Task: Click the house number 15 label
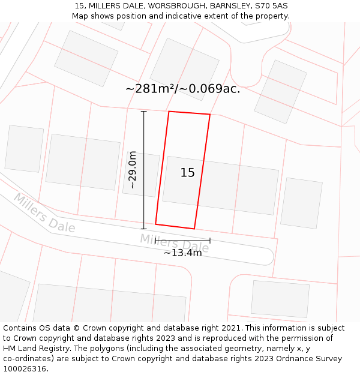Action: coord(187,173)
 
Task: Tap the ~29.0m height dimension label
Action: coord(133,170)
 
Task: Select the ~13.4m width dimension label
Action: coord(182,253)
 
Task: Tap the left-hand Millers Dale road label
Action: coord(44,213)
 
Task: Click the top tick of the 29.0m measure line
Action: coord(143,112)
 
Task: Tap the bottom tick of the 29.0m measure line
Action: coord(143,229)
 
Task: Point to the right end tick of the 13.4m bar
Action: coord(210,241)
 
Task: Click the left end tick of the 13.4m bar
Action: coord(156,241)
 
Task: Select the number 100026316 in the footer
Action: coord(25,368)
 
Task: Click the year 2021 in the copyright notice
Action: coord(231,328)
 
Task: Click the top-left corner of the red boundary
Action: coord(169,112)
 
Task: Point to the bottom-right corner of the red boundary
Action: coord(194,229)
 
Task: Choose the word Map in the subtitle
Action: coord(80,16)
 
